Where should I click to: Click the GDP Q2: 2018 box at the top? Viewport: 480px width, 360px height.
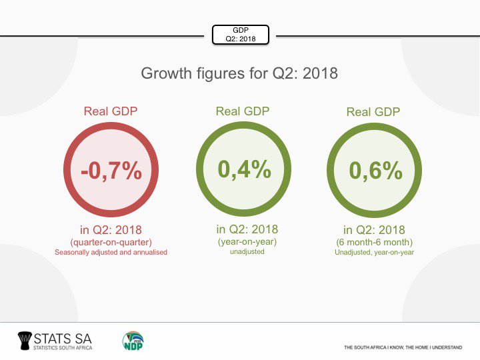click(240, 35)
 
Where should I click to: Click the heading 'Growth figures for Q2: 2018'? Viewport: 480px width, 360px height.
click(239, 73)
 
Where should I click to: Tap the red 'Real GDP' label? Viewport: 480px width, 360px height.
click(111, 111)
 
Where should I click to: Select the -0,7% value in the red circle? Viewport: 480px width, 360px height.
click(111, 171)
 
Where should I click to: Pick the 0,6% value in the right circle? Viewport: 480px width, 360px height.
click(376, 171)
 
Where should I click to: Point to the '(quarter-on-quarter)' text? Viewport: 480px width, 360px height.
click(111, 243)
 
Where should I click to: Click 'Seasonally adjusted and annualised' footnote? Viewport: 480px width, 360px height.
click(111, 253)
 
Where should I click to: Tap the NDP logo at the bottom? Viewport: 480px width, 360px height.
click(133, 341)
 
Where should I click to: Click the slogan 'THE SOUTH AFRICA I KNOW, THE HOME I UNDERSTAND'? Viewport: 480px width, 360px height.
click(403, 347)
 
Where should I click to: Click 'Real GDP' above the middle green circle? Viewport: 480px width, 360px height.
click(243, 111)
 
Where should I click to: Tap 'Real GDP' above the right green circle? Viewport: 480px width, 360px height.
click(373, 112)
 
